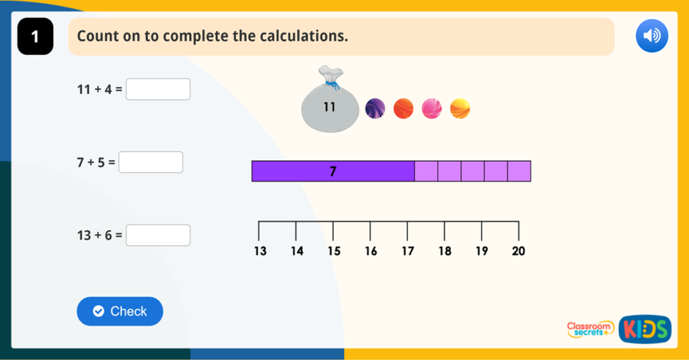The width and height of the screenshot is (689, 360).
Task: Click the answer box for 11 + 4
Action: click(x=158, y=89)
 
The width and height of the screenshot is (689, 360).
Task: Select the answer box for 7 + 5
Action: click(x=151, y=162)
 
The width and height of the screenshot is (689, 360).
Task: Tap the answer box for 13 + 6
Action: click(x=158, y=235)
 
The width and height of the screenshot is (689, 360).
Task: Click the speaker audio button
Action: click(x=651, y=36)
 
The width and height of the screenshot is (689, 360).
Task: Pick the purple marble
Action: click(x=375, y=108)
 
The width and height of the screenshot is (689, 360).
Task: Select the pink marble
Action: click(x=431, y=108)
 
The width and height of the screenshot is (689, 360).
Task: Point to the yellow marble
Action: click(x=460, y=108)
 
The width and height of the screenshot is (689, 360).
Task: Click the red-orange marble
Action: click(x=403, y=108)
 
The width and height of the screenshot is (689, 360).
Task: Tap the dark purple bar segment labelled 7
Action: click(x=333, y=172)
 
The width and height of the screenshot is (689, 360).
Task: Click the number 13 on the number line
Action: click(x=260, y=252)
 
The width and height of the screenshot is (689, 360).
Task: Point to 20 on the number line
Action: click(x=518, y=252)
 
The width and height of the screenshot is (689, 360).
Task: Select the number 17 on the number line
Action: click(x=408, y=252)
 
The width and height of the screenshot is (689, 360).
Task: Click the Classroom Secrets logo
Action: click(x=590, y=329)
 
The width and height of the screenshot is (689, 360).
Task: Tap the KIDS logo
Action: click(x=645, y=328)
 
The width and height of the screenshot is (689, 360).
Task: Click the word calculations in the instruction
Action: click(x=301, y=36)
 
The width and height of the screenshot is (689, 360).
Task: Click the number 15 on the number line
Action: click(x=334, y=252)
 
